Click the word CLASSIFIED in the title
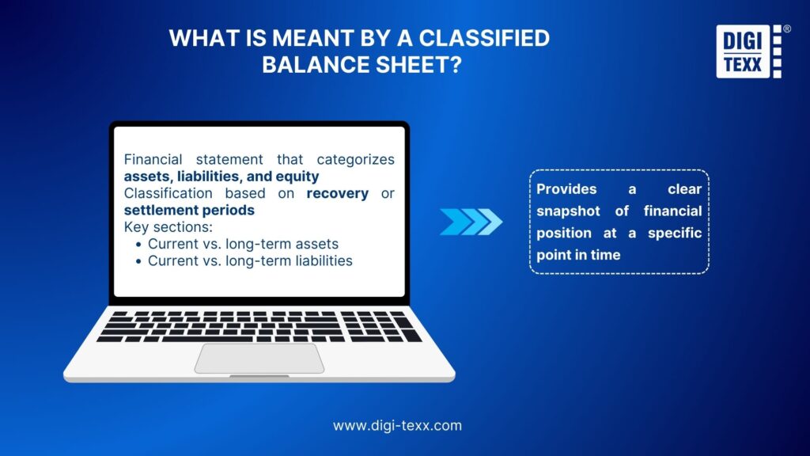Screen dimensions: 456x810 pyautogui.click(x=482, y=38)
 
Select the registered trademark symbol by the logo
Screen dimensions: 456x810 pyautogui.click(x=786, y=28)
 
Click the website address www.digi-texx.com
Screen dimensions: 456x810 pyautogui.click(x=397, y=425)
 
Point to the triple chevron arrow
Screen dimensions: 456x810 pyautogui.click(x=471, y=222)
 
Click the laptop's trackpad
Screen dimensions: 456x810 pyautogui.click(x=259, y=358)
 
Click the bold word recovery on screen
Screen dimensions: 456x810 pyautogui.click(x=338, y=194)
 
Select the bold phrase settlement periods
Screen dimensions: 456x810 pyautogui.click(x=189, y=211)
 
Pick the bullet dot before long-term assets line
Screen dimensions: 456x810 pyautogui.click(x=138, y=245)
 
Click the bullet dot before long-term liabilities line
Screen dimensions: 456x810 pyautogui.click(x=138, y=261)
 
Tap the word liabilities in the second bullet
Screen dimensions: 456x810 pyautogui.click(x=323, y=260)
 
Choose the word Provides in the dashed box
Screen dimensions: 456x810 pyautogui.click(x=566, y=189)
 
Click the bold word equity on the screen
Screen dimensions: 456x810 pyautogui.click(x=296, y=177)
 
